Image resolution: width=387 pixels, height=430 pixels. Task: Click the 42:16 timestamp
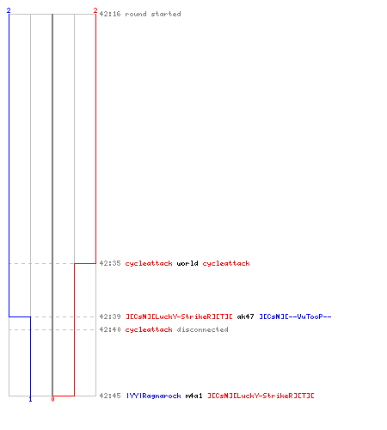click(110, 14)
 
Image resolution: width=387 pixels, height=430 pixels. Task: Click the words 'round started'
click(153, 14)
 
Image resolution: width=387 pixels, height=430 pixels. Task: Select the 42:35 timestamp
click(110, 263)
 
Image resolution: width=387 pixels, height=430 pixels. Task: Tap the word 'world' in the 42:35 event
click(187, 263)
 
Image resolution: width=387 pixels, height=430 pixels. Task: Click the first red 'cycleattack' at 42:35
click(149, 263)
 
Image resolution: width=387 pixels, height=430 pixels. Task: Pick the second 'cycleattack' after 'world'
click(226, 263)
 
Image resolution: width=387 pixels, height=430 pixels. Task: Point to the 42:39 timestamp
click(110, 316)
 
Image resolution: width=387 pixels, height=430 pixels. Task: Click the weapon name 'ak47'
click(245, 316)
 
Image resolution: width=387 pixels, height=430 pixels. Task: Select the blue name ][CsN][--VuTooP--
click(295, 316)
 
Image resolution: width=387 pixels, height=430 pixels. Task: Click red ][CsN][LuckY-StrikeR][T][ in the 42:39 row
click(179, 316)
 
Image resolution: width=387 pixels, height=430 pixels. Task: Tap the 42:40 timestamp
click(110, 329)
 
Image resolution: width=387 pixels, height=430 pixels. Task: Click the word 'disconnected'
click(203, 329)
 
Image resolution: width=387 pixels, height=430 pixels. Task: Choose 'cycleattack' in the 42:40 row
click(149, 329)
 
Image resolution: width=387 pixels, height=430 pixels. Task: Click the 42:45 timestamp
click(110, 396)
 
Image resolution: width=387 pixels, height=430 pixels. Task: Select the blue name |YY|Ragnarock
click(154, 396)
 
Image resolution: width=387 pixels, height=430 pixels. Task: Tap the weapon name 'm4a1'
click(194, 396)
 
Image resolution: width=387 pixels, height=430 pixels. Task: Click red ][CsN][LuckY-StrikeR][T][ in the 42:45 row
click(261, 396)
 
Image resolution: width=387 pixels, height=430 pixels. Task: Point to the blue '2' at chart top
click(9, 10)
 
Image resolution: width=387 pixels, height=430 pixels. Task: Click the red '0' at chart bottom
click(52, 399)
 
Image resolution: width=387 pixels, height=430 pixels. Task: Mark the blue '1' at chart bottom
click(30, 399)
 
